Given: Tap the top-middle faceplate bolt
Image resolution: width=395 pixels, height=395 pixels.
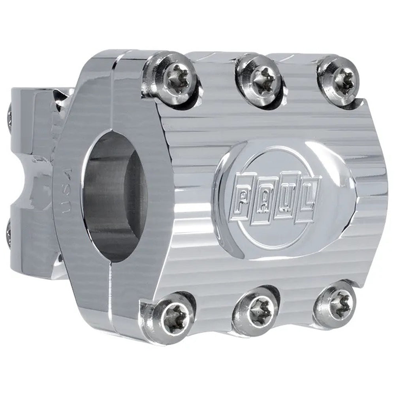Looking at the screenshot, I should point(259,75).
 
